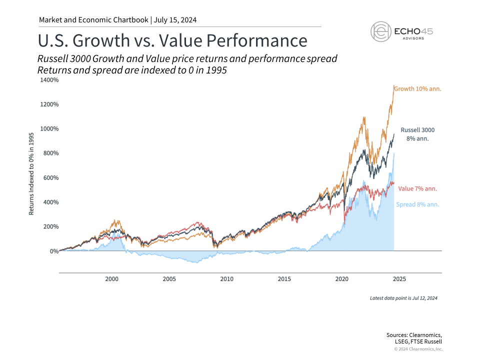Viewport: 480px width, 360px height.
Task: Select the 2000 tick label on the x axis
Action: click(111, 278)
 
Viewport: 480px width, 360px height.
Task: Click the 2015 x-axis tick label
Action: click(284, 278)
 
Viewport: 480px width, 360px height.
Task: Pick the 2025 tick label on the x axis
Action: click(399, 278)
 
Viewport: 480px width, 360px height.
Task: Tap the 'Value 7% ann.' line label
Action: click(417, 188)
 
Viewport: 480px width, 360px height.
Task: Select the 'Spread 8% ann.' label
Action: click(417, 204)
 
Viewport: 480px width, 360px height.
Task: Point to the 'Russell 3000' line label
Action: click(418, 130)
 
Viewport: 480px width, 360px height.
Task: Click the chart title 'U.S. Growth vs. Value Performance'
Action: click(172, 40)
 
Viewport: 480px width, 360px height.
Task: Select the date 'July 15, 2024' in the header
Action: click(175, 20)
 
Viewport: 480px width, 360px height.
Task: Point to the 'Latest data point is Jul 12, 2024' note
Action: click(403, 298)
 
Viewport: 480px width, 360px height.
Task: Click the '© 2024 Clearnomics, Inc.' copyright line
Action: click(418, 349)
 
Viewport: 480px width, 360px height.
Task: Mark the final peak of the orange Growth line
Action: click(394, 86)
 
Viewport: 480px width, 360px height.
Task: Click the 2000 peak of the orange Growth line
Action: click(116, 220)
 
